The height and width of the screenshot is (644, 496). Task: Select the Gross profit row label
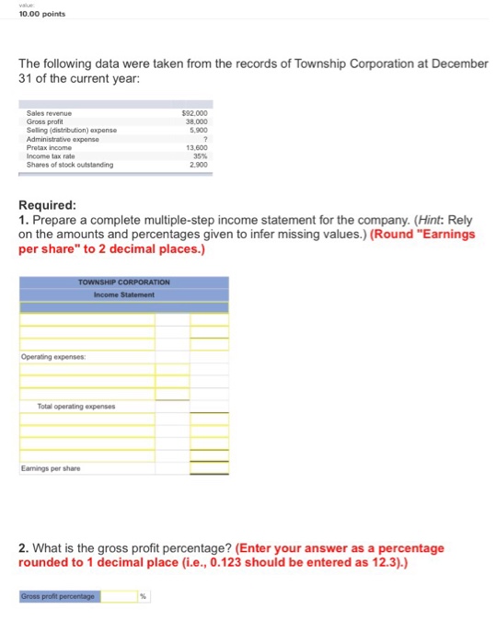click(43, 122)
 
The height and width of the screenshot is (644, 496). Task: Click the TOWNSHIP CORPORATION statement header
click(123, 282)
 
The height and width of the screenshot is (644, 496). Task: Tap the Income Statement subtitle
click(123, 294)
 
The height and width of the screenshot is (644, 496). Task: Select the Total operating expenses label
click(75, 406)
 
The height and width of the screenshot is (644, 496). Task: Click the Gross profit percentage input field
click(119, 596)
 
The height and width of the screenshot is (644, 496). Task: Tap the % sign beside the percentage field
click(143, 596)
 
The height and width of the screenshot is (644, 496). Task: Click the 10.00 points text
click(30, 14)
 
